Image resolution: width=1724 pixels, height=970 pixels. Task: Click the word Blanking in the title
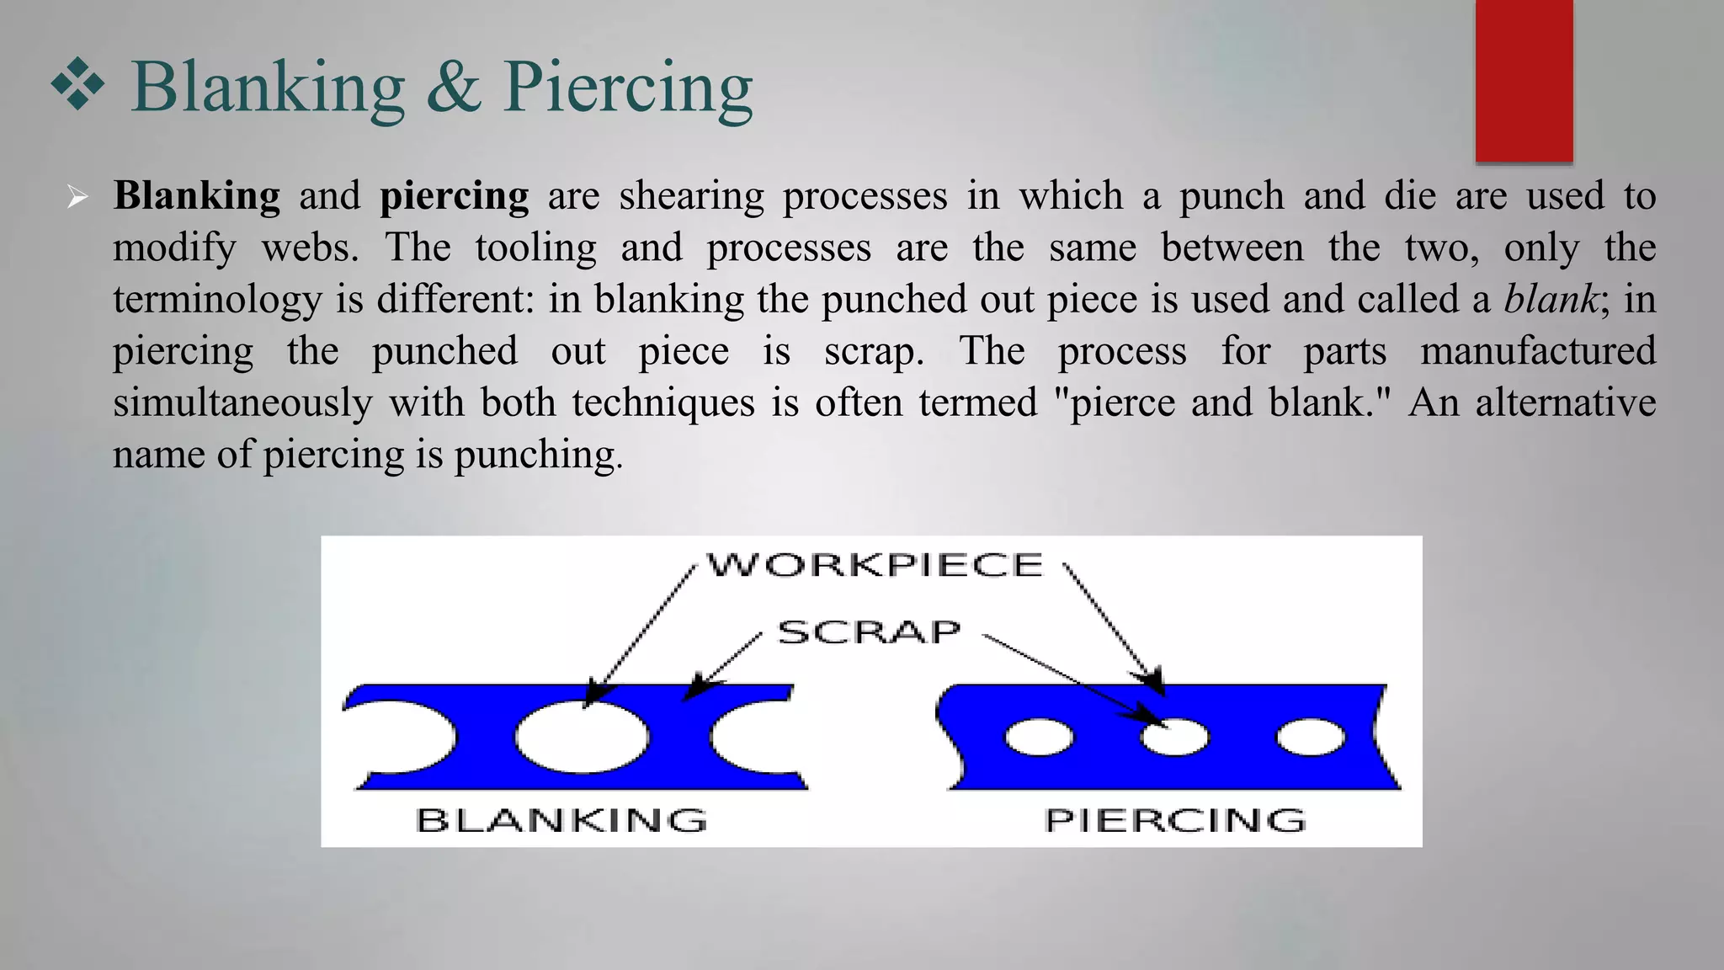[x=268, y=89]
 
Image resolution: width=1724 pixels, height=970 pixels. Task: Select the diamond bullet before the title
[x=77, y=84]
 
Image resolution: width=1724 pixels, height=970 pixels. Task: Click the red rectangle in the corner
[x=1524, y=81]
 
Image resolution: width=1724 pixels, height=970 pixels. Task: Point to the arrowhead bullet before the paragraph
[x=77, y=198]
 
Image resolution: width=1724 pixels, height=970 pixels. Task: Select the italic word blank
[x=1551, y=299]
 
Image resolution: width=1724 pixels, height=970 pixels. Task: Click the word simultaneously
[x=242, y=403]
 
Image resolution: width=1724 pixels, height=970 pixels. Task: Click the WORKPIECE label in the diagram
[x=875, y=565]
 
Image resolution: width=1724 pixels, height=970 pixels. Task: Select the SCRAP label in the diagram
[x=869, y=632]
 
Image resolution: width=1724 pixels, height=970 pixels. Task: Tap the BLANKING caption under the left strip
[x=561, y=820]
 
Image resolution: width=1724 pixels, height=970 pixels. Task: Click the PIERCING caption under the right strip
[x=1175, y=820]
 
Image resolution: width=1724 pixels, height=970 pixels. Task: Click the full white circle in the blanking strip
[x=583, y=736]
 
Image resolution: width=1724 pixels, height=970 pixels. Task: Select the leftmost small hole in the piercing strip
[x=1040, y=738]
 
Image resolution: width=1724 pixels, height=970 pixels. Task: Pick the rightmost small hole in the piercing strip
[x=1311, y=738]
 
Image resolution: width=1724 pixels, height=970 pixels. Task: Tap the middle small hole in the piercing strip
[x=1174, y=738]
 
